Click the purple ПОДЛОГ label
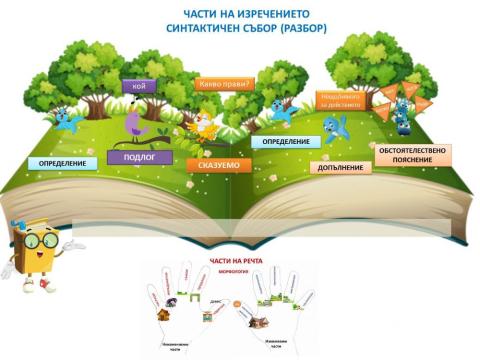(140, 158)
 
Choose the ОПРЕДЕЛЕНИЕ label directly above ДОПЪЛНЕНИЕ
(285, 142)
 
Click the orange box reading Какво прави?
(226, 84)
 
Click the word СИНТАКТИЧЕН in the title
(204, 29)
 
